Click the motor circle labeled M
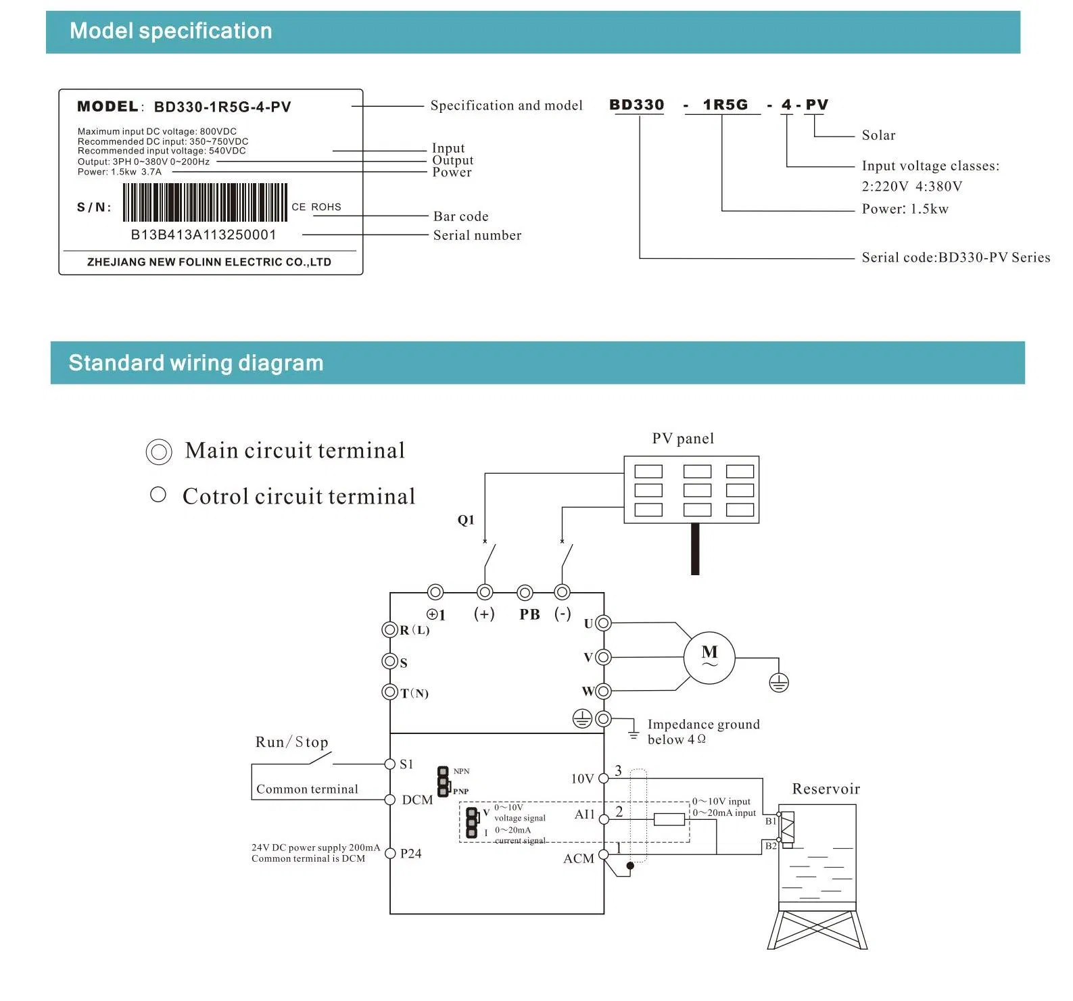(709, 658)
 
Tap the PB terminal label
(529, 614)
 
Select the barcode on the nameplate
(205, 202)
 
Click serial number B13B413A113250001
(204, 235)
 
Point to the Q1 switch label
(466, 520)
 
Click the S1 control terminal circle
(389, 764)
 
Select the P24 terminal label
(410, 854)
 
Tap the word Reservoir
(826, 789)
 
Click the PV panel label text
(683, 439)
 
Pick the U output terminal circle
(603, 623)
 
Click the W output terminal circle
(603, 691)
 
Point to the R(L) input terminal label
(414, 630)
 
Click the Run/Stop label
(291, 742)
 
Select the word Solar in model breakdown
(878, 135)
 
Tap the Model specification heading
(171, 31)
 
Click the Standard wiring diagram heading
(196, 363)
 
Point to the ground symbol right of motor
(779, 683)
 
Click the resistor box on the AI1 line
(669, 819)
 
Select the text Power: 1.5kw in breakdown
(905, 209)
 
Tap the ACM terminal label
(579, 858)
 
